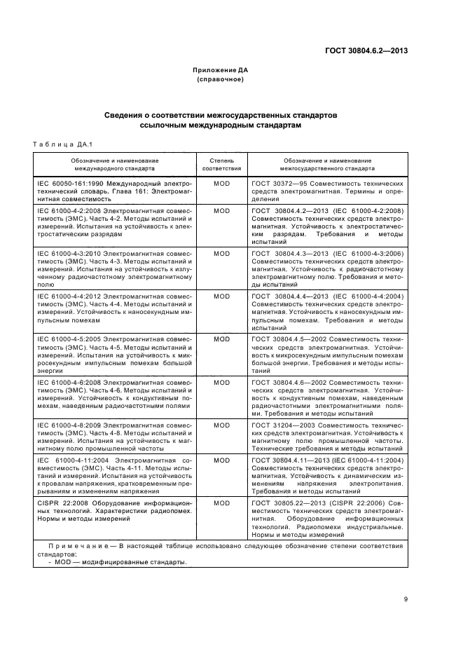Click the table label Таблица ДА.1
pos(63,144)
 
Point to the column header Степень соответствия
pos(221,164)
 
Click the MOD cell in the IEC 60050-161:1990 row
pos(221,182)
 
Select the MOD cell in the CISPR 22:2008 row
pos(221,503)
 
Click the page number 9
pos(406,599)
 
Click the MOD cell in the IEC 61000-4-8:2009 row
pos(221,425)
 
